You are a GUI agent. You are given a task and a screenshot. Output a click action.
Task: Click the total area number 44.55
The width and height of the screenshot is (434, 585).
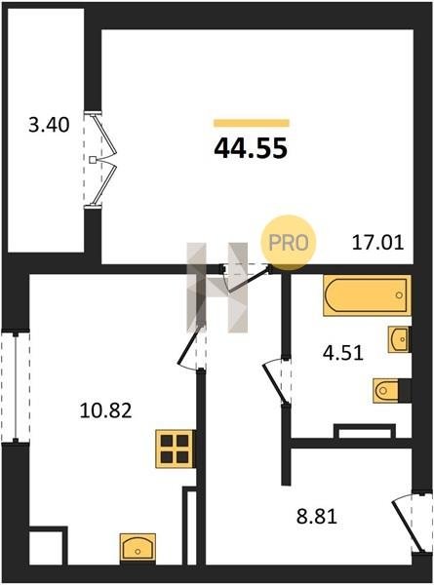pyautogui.click(x=251, y=148)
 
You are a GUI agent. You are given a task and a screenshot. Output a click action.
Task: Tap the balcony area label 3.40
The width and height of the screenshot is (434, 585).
pyautogui.click(x=49, y=125)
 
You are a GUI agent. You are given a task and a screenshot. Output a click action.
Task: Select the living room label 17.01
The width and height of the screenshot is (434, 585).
pyautogui.click(x=378, y=243)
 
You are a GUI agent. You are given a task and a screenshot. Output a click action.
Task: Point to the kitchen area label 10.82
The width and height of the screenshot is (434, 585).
pyautogui.click(x=106, y=410)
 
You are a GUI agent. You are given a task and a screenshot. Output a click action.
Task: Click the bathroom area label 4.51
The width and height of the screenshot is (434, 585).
pyautogui.click(x=343, y=353)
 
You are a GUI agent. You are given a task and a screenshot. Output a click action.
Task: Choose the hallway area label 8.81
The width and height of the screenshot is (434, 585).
pyautogui.click(x=317, y=517)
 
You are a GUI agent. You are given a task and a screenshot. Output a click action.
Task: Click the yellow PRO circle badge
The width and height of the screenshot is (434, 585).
pyautogui.click(x=289, y=243)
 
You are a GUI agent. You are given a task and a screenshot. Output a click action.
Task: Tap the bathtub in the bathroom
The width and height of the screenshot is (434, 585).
pyautogui.click(x=368, y=295)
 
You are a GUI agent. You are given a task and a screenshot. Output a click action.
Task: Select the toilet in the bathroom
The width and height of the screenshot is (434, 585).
pyautogui.click(x=391, y=391)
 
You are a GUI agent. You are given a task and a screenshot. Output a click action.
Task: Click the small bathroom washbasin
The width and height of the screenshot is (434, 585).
pyautogui.click(x=399, y=339)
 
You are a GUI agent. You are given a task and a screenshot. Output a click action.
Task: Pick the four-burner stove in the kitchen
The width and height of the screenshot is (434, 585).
pyautogui.click(x=176, y=448)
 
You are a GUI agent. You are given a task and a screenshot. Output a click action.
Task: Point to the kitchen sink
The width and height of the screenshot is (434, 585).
pyautogui.click(x=138, y=548)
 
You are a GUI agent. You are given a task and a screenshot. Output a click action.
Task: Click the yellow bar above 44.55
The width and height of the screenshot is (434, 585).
pyautogui.click(x=252, y=123)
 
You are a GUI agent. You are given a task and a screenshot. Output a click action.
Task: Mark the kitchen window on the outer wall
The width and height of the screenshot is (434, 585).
pyautogui.click(x=16, y=386)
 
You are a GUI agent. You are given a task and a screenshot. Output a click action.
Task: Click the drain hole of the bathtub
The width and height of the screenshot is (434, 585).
pyautogui.click(x=399, y=295)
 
